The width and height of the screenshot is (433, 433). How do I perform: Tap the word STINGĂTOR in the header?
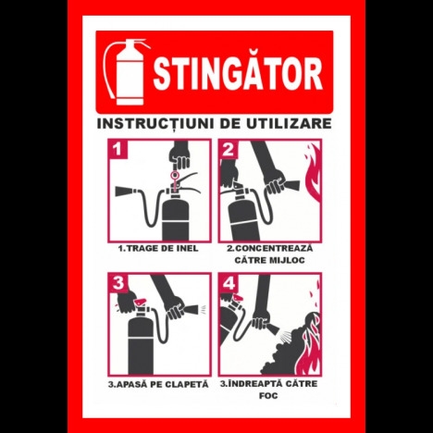(x=238, y=73)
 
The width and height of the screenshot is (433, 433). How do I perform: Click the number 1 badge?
(x=118, y=149)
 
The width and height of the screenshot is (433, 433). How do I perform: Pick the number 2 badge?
(x=229, y=149)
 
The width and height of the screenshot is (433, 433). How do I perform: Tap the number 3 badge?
(x=118, y=283)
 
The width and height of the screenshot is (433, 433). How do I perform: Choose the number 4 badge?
(x=229, y=283)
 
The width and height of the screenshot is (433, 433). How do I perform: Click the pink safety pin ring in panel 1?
(x=175, y=176)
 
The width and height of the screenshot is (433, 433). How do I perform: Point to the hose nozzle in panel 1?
(x=126, y=192)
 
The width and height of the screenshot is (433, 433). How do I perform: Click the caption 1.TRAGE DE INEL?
(x=158, y=248)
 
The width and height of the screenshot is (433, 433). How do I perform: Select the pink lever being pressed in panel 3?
(x=141, y=302)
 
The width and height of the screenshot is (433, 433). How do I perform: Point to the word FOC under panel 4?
(x=268, y=396)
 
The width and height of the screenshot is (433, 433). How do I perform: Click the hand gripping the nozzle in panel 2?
(x=275, y=182)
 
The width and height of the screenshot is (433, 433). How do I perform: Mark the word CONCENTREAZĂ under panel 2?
(x=269, y=248)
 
